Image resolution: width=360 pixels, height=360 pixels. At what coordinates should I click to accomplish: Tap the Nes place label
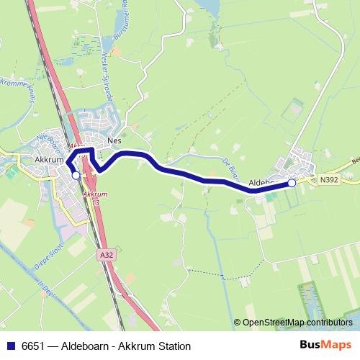113,141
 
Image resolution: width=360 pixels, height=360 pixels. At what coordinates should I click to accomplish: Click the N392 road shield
329,180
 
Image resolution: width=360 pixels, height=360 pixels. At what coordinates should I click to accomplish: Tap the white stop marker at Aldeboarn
292,184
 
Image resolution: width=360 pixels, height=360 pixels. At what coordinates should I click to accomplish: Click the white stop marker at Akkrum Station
76,175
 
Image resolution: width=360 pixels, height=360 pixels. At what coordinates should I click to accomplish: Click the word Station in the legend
173,346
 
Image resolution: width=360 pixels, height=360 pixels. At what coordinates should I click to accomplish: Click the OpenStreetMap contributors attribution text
297,323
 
